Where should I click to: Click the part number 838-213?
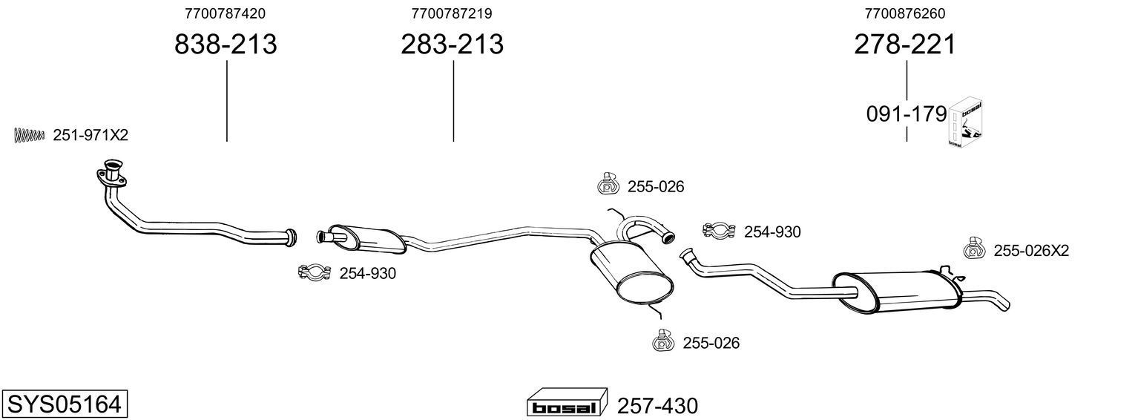226,45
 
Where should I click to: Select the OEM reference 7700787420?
226,13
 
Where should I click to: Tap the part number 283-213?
452,45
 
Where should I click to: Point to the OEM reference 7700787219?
452,13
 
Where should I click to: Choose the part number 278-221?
904,45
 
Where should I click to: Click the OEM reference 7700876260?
904,13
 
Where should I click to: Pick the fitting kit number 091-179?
906,115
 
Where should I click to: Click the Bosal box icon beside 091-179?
965,122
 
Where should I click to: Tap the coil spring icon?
30,135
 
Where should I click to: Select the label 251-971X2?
91,135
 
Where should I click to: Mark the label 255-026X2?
1031,252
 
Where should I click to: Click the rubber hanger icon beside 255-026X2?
974,249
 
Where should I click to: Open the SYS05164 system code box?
64,404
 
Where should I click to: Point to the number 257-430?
657,407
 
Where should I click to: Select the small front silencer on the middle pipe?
368,236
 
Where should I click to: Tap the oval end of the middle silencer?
645,288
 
